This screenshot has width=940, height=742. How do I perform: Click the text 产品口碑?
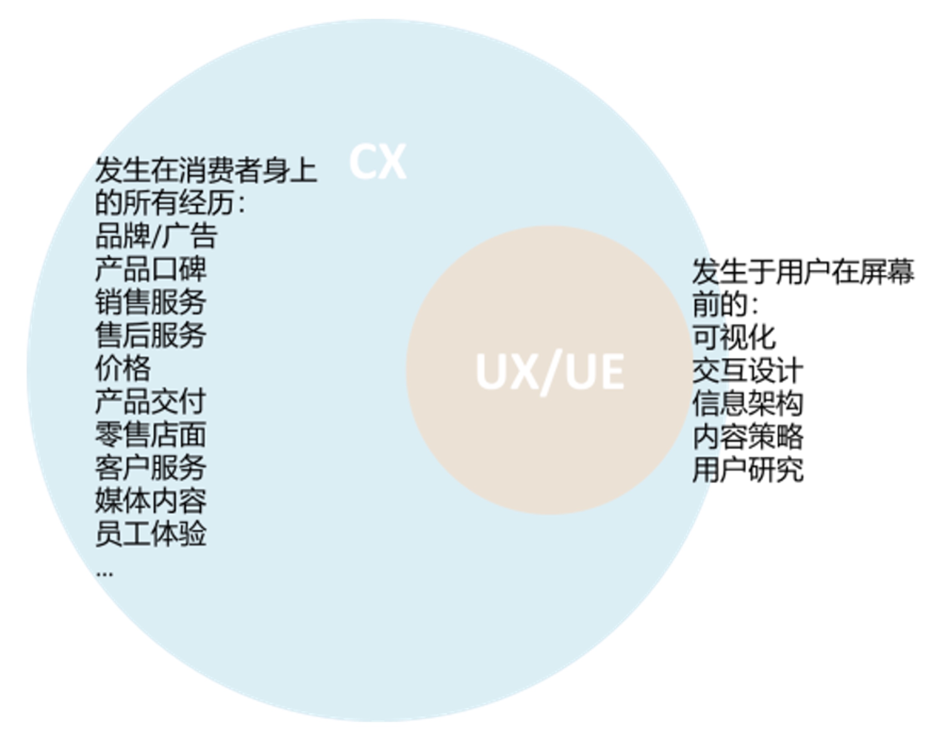click(x=150, y=269)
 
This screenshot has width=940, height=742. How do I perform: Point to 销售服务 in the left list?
click(x=150, y=302)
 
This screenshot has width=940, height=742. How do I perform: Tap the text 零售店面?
click(x=150, y=434)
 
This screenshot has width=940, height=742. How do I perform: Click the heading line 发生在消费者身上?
click(x=206, y=170)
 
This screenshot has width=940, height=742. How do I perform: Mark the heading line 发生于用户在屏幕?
click(x=803, y=272)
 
